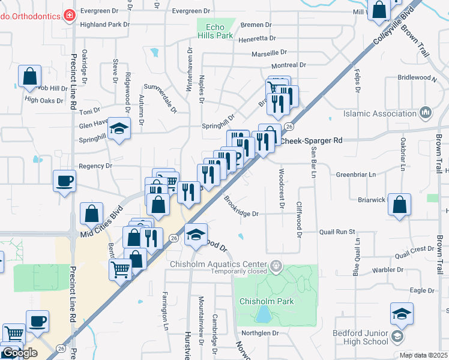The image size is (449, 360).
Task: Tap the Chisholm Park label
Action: (x=267, y=301)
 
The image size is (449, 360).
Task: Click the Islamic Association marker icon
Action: (x=426, y=113)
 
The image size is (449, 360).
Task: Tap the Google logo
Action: (x=19, y=353)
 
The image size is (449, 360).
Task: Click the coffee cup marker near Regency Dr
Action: (x=65, y=181)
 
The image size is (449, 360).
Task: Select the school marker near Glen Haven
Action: (x=119, y=128)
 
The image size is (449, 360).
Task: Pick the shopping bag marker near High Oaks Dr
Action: (x=29, y=77)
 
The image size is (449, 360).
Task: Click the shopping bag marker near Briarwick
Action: (x=399, y=205)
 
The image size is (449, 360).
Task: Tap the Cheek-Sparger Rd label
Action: (x=312, y=140)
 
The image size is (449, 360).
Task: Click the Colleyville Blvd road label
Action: (x=394, y=27)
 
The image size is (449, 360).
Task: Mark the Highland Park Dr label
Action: (x=104, y=25)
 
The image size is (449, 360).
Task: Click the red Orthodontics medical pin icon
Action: (x=70, y=15)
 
